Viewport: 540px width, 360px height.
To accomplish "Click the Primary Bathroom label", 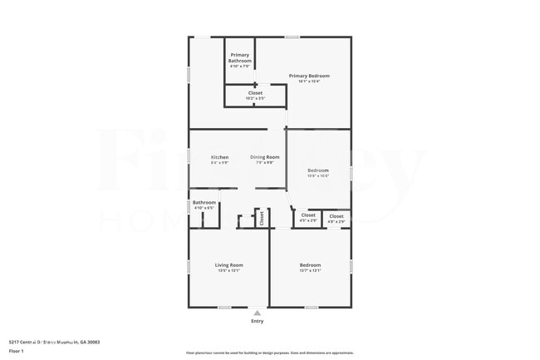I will (240, 55).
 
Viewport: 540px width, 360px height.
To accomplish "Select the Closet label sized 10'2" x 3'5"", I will (255, 92).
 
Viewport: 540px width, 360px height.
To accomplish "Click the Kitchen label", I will (219, 157).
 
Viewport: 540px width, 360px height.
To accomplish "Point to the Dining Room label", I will (265, 157).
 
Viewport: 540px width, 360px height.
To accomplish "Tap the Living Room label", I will (228, 265).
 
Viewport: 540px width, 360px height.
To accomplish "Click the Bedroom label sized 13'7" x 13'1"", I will (310, 265).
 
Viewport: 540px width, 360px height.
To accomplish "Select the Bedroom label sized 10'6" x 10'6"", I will (318, 170).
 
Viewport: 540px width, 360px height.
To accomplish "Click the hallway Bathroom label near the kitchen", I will (204, 202).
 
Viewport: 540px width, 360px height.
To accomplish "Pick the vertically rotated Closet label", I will (262, 218).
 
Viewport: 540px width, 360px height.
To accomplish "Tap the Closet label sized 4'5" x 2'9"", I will (308, 215).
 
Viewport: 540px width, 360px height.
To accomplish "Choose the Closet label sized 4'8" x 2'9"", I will (336, 216).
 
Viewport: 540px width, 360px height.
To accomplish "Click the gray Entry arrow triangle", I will (258, 313).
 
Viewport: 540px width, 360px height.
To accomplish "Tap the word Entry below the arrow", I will (258, 322).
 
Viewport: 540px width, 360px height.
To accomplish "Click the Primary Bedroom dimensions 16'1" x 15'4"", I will (304, 81).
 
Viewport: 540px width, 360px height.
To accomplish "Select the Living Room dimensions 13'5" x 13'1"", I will (228, 271).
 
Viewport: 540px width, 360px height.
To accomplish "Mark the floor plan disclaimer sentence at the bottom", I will (270, 353).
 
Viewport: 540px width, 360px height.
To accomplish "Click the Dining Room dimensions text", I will (265, 162).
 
